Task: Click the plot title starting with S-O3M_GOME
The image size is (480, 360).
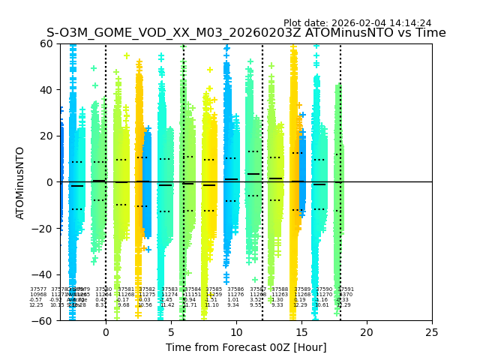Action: (246, 33)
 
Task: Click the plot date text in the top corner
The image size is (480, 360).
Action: (357, 23)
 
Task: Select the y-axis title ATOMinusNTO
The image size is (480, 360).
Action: (21, 182)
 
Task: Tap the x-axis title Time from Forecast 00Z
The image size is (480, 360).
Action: (246, 347)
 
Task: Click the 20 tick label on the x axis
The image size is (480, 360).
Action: (367, 331)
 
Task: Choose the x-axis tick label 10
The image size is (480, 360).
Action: (236, 331)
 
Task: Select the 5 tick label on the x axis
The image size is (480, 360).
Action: (171, 331)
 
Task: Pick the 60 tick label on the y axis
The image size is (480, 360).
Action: (47, 43)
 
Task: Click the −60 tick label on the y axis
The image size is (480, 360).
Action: (44, 321)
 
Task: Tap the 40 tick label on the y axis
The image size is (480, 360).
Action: (47, 90)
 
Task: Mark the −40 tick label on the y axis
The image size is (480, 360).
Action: (44, 274)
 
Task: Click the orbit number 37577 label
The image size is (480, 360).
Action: (38, 289)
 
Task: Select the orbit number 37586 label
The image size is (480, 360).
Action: (235, 289)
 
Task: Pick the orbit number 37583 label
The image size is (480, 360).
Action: (169, 289)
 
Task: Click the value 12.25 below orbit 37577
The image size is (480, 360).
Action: (36, 305)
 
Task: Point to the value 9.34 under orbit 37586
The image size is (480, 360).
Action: (233, 305)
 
